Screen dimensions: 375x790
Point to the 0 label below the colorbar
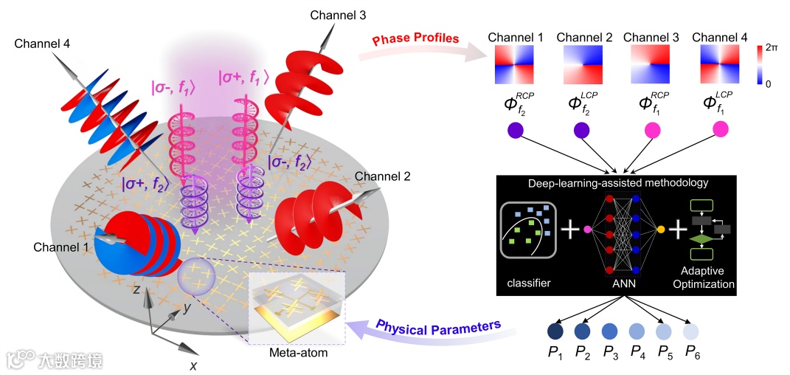coord(769,85)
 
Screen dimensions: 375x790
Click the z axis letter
coord(136,289)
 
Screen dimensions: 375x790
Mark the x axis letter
coord(194,365)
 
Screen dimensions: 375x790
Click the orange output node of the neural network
coord(660,230)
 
